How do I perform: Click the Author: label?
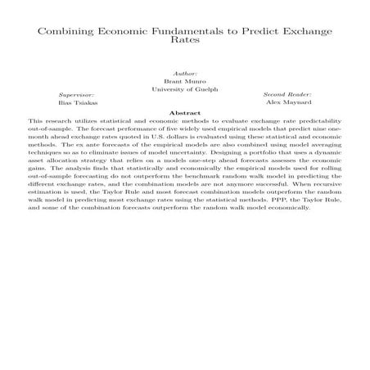tap(184, 73)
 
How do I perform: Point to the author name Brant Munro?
tap(184, 81)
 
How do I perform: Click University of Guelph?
tap(184, 89)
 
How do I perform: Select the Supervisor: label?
tap(76, 95)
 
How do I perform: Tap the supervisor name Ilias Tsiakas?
tap(76, 104)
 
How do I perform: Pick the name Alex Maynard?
tap(285, 104)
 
